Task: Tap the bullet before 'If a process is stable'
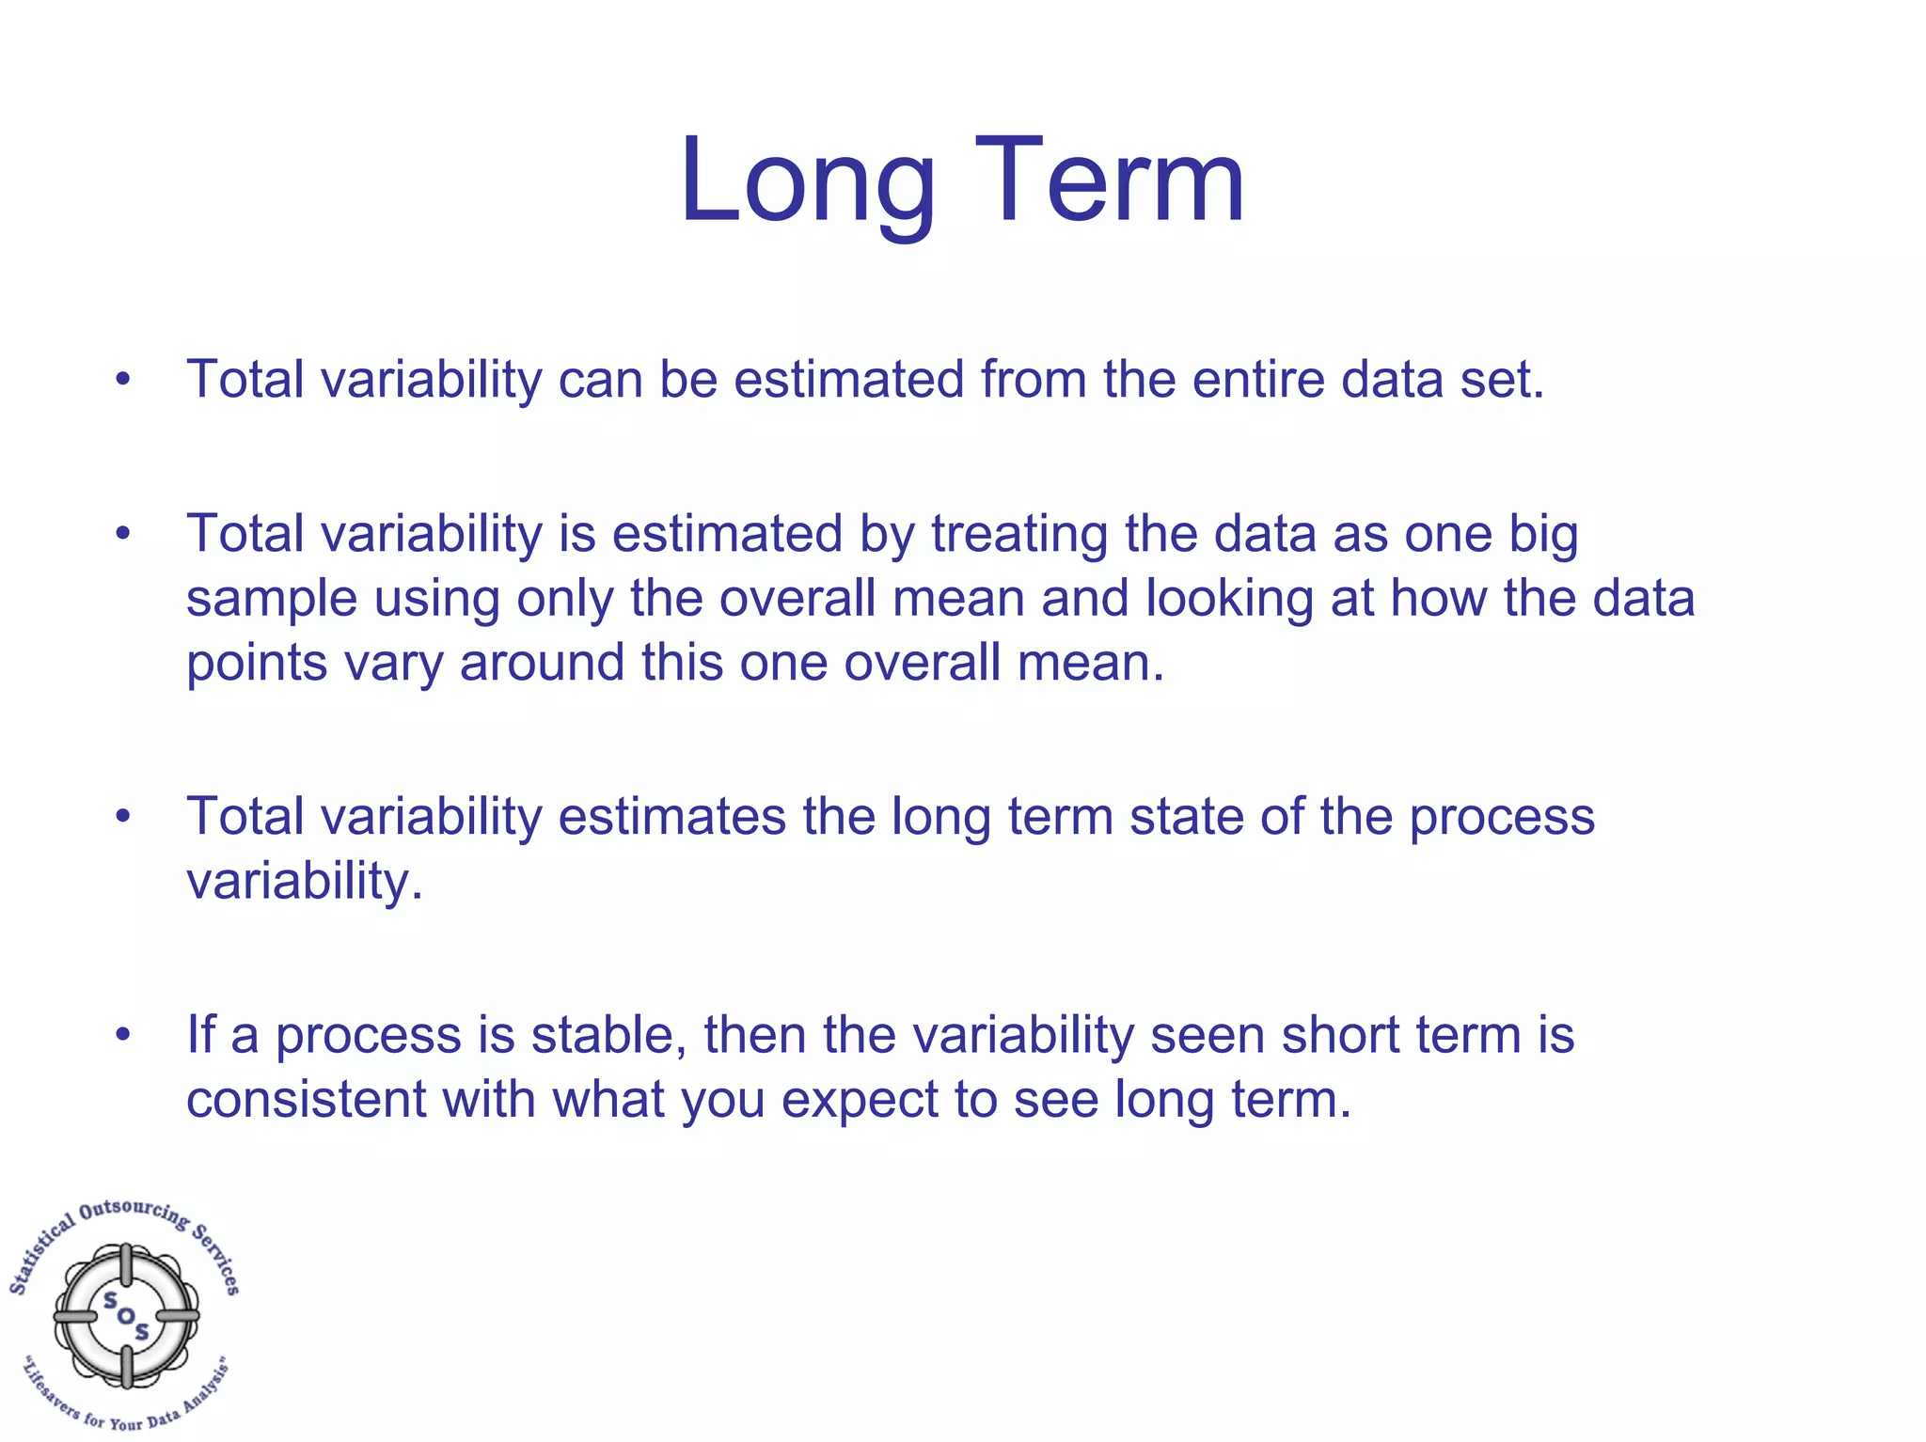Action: (123, 1035)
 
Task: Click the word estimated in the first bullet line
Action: (848, 380)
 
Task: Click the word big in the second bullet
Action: (1543, 535)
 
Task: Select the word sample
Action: (271, 600)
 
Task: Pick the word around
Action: (542, 664)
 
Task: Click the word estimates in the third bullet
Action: (671, 817)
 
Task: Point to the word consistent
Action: (306, 1100)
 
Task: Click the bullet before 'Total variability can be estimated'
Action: (123, 381)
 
